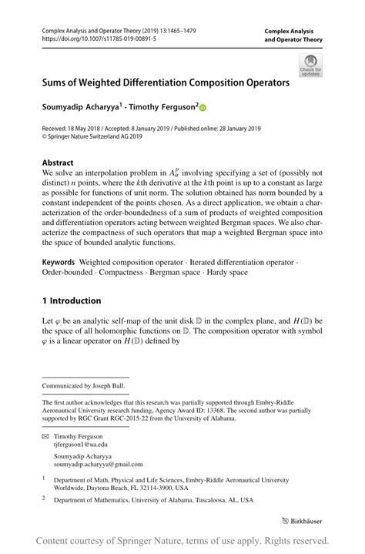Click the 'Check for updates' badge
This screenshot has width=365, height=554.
[x=311, y=65]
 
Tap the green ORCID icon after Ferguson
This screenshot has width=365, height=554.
[x=203, y=109]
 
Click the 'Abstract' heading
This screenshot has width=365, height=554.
[x=58, y=163]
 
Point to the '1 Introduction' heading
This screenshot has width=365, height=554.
[x=71, y=300]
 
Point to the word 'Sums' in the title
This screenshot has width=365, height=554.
[x=59, y=82]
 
